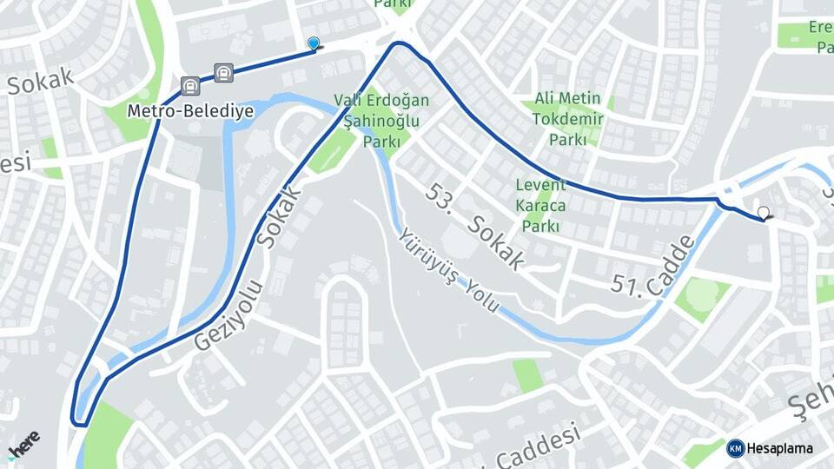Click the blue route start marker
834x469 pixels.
(314, 43)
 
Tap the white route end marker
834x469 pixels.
(764, 213)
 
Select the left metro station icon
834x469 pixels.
(190, 86)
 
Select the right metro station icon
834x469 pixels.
(224, 73)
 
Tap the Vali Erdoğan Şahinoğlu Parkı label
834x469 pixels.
(381, 120)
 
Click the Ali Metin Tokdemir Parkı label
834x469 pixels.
(568, 118)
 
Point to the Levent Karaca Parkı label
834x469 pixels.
(540, 206)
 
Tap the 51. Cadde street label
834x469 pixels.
(653, 263)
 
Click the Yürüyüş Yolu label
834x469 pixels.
(449, 270)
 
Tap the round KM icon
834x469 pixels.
(735, 448)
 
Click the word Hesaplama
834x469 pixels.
(780, 448)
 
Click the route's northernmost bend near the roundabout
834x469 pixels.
(398, 43)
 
